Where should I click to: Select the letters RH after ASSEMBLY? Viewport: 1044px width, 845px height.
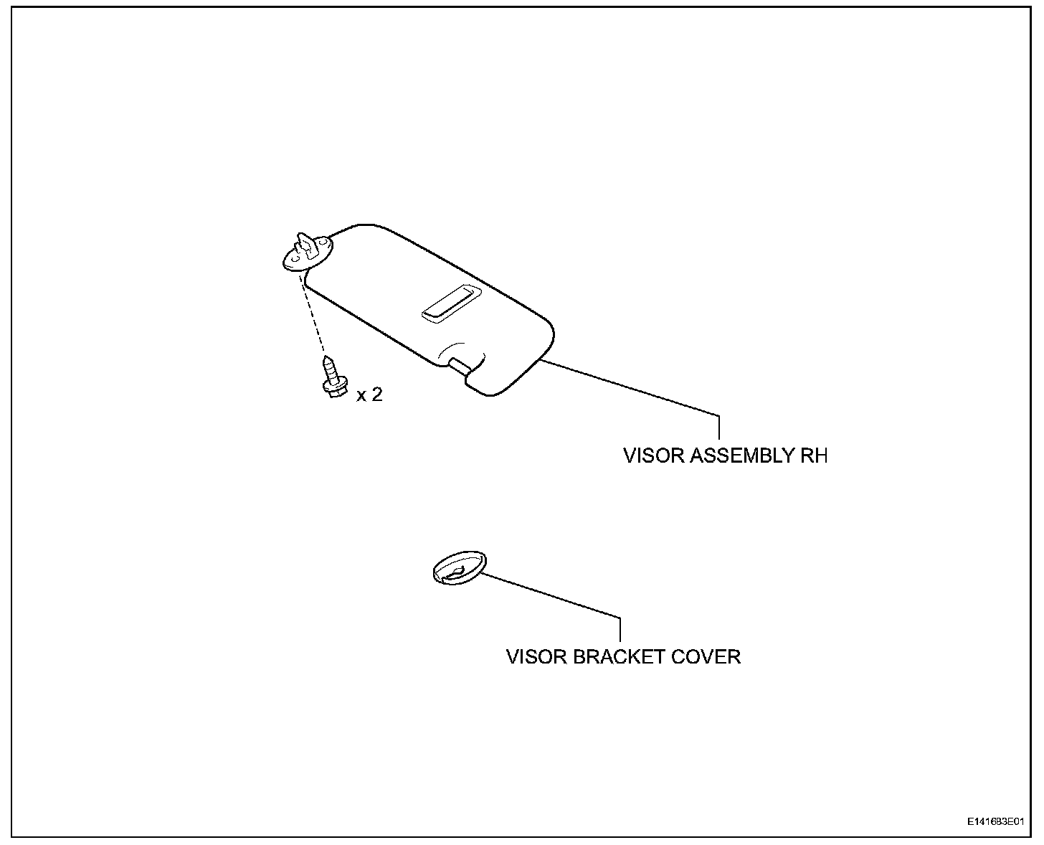point(813,456)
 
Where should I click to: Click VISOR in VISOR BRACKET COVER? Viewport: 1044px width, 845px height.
point(536,657)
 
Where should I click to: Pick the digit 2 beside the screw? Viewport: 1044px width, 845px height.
point(376,395)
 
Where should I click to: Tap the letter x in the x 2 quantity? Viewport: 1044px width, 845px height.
point(361,396)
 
